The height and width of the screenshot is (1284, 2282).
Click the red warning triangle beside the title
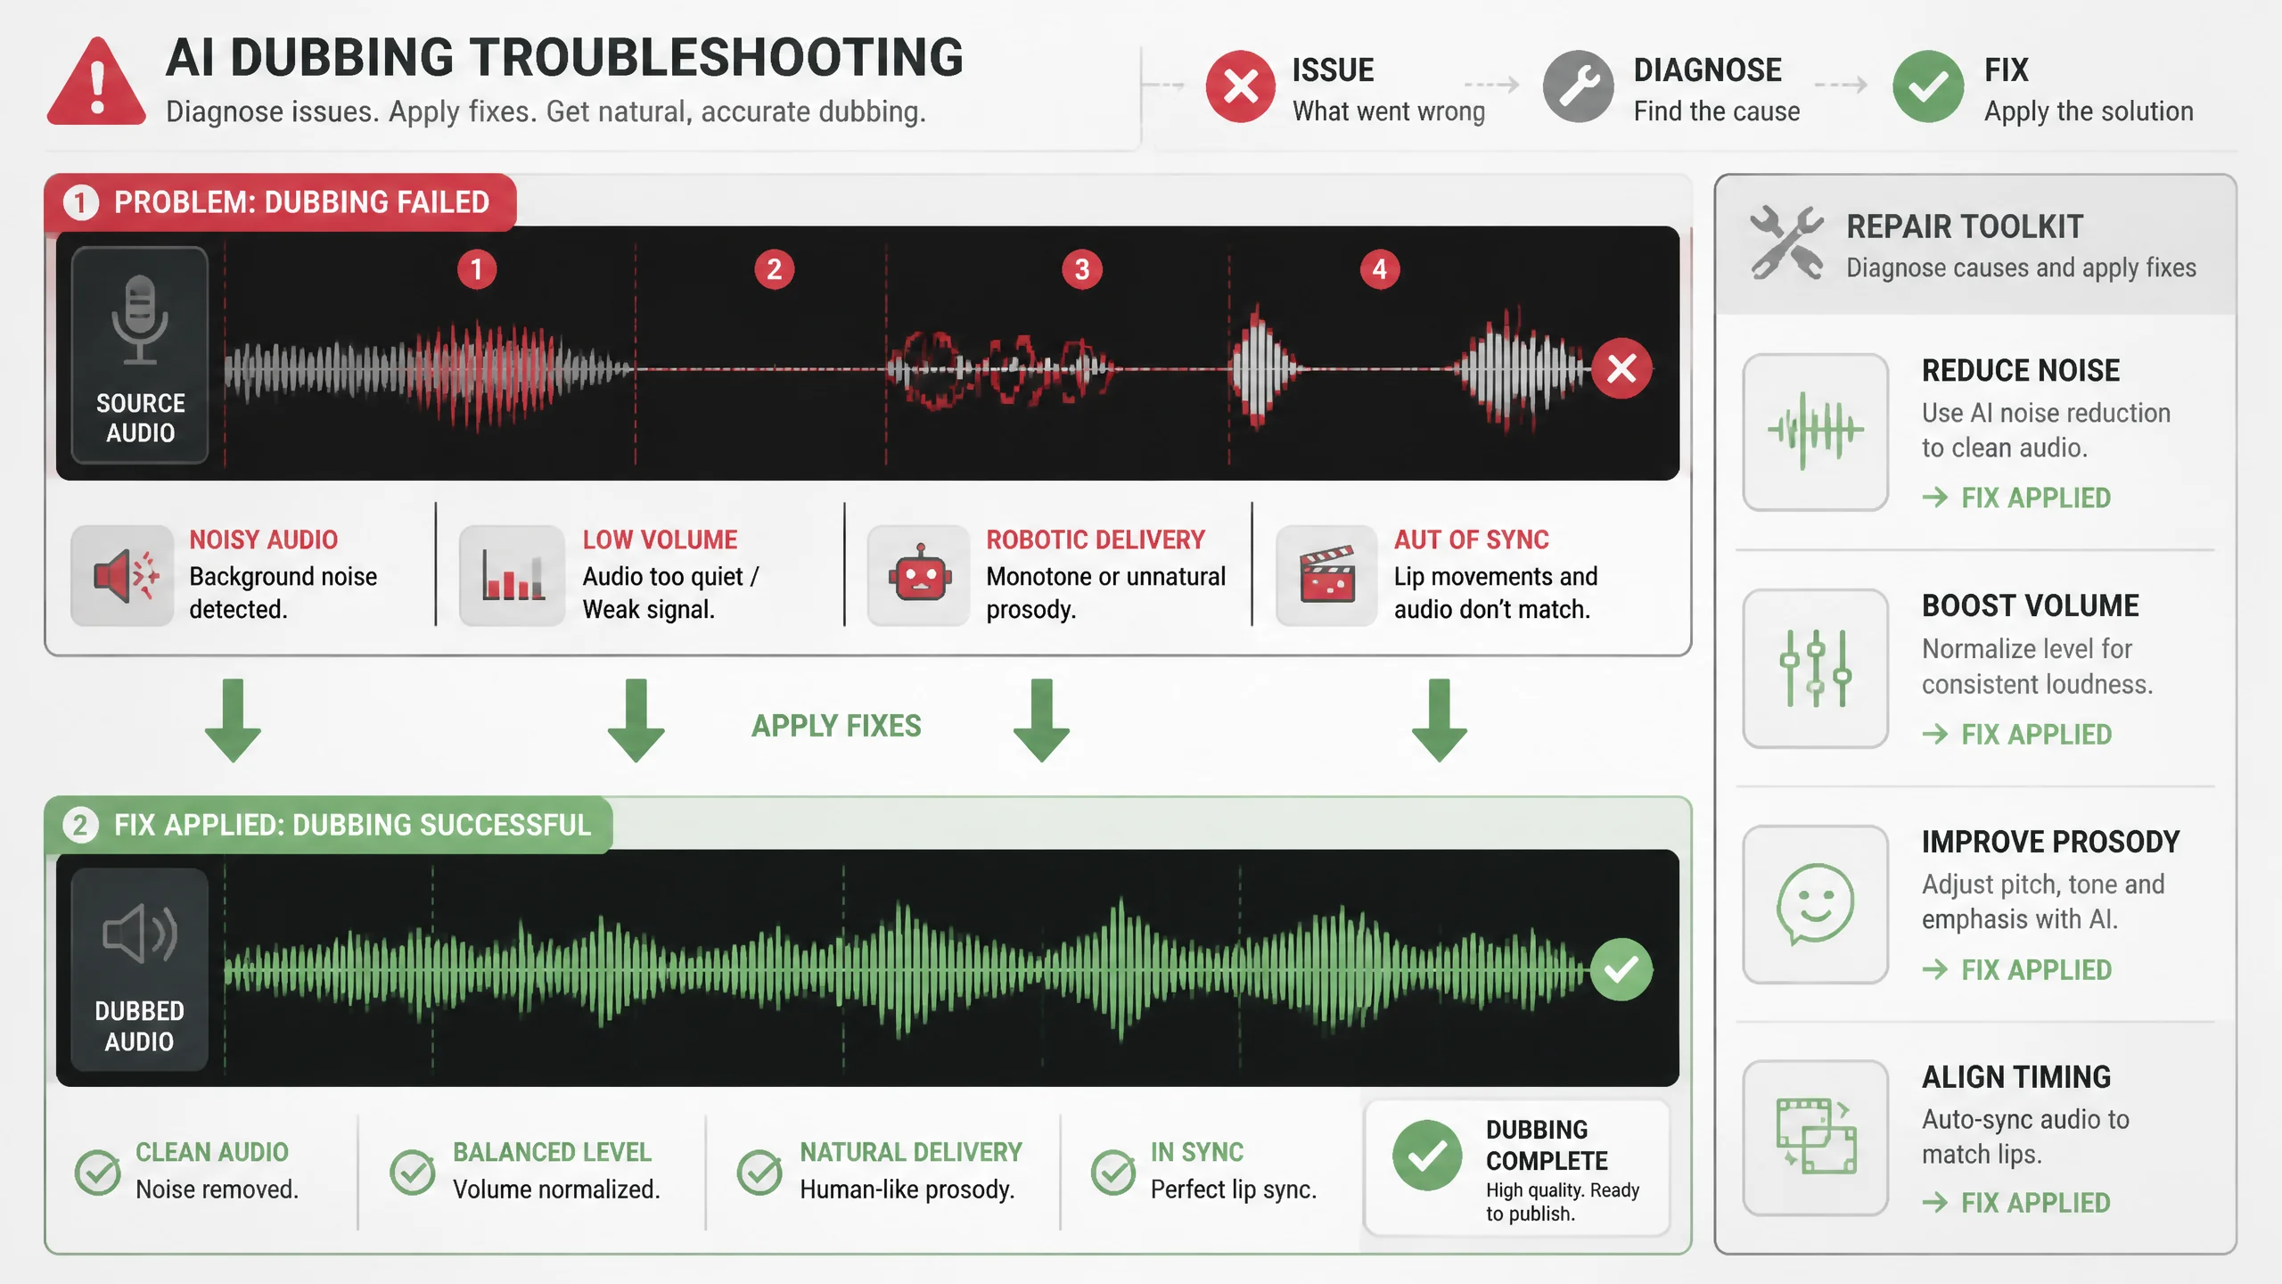[x=97, y=82]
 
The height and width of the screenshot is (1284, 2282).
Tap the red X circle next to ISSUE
[x=1240, y=86]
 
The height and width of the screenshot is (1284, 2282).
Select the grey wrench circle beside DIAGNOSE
[x=1578, y=86]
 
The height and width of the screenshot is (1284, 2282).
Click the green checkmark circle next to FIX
[x=1928, y=86]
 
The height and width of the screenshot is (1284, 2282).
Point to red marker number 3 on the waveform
[x=1082, y=269]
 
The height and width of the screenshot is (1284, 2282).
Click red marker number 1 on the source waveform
[x=477, y=269]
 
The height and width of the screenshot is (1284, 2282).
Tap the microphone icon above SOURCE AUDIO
[x=140, y=319]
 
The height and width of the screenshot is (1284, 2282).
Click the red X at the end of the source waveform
[x=1621, y=367]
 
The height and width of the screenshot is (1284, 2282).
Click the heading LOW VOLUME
[x=660, y=539]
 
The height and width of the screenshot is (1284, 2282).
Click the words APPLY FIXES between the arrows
[x=836, y=726]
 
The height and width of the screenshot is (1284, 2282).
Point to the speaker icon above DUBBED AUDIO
[x=140, y=934]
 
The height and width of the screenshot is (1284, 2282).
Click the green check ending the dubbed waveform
[x=1621, y=969]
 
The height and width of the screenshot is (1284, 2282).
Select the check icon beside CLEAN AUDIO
[x=98, y=1172]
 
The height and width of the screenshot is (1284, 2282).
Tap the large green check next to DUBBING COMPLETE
[x=1427, y=1156]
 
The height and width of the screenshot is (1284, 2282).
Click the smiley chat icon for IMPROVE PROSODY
[x=1815, y=903]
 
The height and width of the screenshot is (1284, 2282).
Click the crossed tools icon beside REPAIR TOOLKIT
[x=1786, y=243]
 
